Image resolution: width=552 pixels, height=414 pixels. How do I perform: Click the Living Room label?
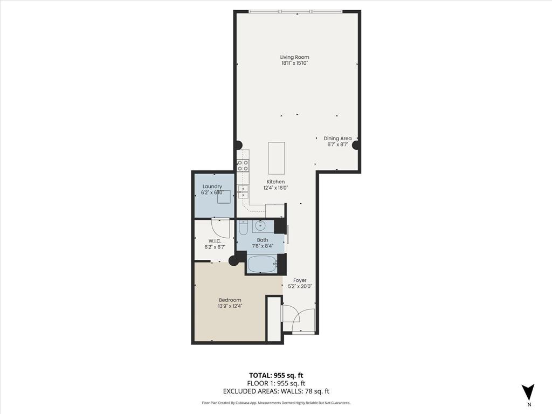(x=294, y=57)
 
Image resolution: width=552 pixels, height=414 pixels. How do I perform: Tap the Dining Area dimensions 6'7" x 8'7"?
(x=337, y=144)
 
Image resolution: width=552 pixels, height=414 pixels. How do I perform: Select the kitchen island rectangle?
(x=277, y=157)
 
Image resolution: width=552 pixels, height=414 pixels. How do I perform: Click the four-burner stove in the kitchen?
(x=243, y=165)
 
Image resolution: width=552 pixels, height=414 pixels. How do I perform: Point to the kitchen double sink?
(x=243, y=192)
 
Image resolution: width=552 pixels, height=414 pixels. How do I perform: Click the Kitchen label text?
(x=275, y=182)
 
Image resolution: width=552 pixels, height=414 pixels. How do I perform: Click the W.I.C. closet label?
(x=215, y=241)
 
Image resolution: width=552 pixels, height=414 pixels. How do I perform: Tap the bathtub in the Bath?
(x=262, y=264)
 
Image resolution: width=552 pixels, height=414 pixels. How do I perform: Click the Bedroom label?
(x=230, y=300)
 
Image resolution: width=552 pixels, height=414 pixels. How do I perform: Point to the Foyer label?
(x=300, y=280)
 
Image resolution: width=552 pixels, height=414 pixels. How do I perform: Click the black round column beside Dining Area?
(x=356, y=145)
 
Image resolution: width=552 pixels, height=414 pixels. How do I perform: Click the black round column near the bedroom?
(x=233, y=261)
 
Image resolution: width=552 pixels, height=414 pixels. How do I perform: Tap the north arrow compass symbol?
(x=528, y=392)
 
